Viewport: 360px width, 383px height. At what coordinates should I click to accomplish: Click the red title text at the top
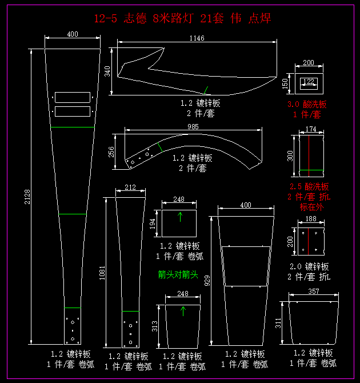(x=182, y=19)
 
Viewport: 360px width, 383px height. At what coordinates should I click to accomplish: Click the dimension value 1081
(x=102, y=272)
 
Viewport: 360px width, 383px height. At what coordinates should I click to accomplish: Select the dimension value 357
(x=314, y=292)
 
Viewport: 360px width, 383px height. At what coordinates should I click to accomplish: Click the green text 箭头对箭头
(x=178, y=275)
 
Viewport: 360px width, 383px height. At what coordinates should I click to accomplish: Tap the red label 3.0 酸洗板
(x=307, y=105)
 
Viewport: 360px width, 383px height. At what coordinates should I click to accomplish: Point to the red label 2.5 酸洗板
(x=310, y=187)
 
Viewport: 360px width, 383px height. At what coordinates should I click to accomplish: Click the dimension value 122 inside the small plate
(x=309, y=82)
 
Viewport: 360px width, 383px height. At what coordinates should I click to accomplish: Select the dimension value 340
(x=107, y=71)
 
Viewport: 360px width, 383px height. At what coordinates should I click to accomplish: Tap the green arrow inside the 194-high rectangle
(x=181, y=216)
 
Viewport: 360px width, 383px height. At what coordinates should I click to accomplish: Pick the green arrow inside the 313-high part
(x=183, y=311)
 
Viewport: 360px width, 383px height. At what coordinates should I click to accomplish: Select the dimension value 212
(x=130, y=187)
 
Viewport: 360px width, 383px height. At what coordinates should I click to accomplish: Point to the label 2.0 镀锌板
(x=309, y=266)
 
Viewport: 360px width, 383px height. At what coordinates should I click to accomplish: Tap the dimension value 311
(x=278, y=324)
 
